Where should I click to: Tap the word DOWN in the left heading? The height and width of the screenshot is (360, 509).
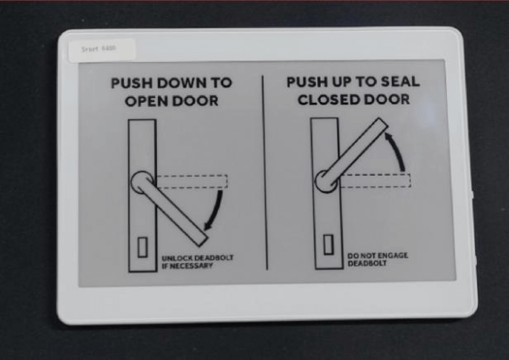click(x=180, y=84)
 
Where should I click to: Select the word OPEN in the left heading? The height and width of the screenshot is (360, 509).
click(x=148, y=100)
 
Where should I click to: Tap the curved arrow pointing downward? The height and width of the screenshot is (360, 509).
click(x=218, y=209)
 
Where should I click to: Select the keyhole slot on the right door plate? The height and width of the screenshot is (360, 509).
click(x=327, y=245)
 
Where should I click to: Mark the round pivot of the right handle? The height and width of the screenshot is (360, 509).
click(x=325, y=180)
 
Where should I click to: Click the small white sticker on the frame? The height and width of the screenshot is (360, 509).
click(x=98, y=49)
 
